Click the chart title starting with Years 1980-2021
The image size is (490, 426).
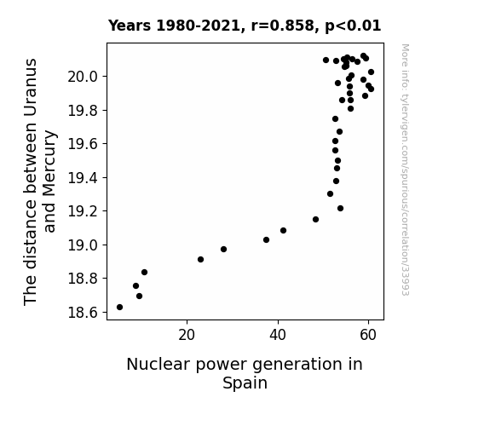pyautogui.click(x=245, y=26)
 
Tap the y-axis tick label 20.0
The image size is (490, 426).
pyautogui.click(x=83, y=77)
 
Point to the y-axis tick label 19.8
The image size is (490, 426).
pyautogui.click(x=83, y=110)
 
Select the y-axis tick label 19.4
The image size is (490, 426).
pyautogui.click(x=83, y=178)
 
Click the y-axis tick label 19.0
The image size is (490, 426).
pyautogui.click(x=83, y=245)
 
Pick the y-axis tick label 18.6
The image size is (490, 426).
pyautogui.click(x=83, y=312)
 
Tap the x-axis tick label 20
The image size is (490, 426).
pyautogui.click(x=187, y=335)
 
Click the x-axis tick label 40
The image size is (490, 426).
pyautogui.click(x=278, y=335)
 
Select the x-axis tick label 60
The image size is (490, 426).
pyautogui.click(x=368, y=335)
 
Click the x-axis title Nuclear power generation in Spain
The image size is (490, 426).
pyautogui.click(x=245, y=373)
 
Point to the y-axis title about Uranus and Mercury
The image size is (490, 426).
pyautogui.click(x=40, y=181)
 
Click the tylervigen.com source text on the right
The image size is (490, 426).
pyautogui.click(x=405, y=170)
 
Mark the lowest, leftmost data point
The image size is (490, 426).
pyautogui.click(x=119, y=308)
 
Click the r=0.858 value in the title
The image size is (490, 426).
pyautogui.click(x=282, y=26)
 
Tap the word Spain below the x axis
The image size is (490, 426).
pyautogui.click(x=245, y=383)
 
